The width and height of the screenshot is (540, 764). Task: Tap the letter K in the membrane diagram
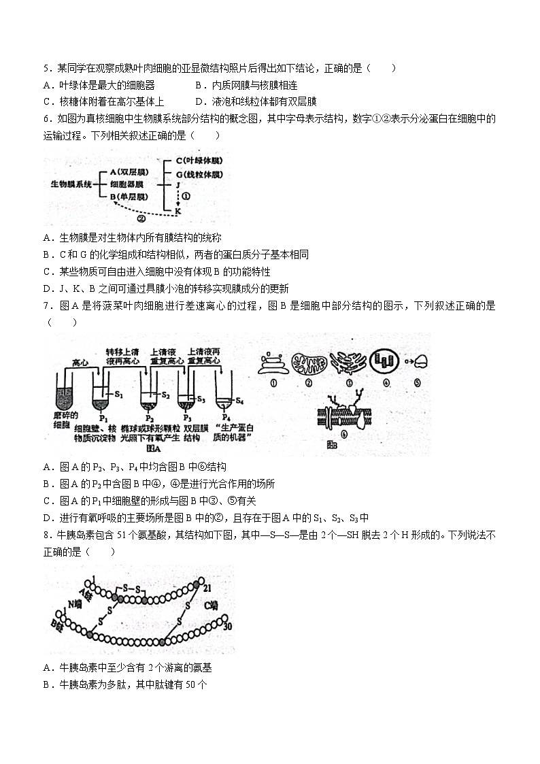[x=178, y=211]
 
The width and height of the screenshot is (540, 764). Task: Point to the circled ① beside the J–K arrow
[x=188, y=196]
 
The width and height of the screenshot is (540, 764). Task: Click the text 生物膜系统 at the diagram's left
[x=71, y=184]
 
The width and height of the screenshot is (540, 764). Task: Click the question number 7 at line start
[x=46, y=306]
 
